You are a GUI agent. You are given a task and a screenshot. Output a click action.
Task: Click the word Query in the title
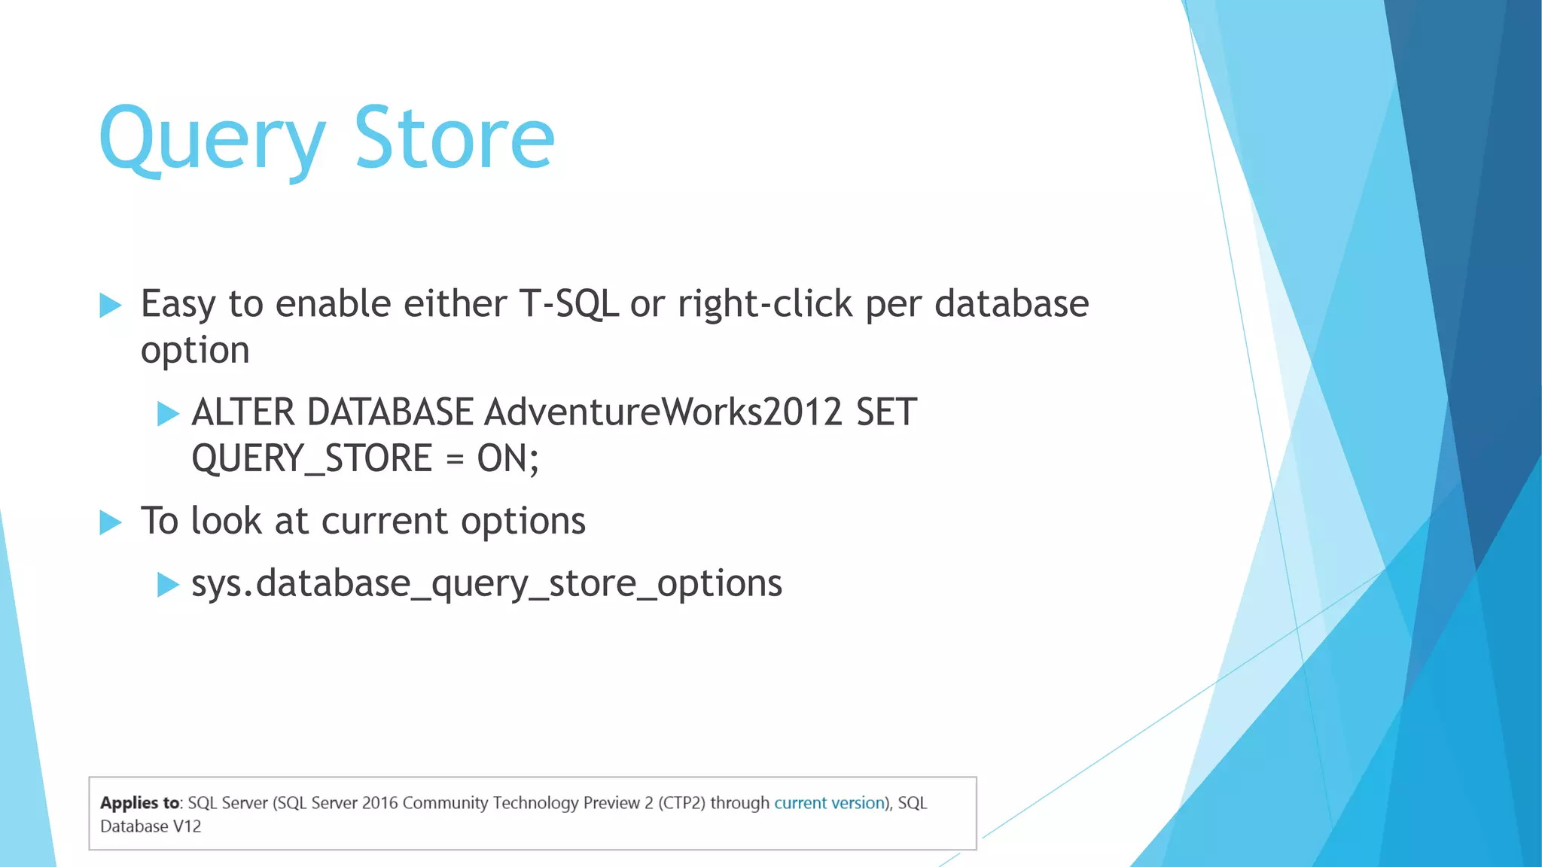pyautogui.click(x=212, y=140)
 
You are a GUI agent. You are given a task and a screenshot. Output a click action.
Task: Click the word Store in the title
pyautogui.click(x=454, y=138)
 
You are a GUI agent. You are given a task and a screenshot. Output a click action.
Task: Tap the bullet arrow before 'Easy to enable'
pyautogui.click(x=110, y=306)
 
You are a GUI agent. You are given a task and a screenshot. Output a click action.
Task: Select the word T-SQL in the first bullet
pyautogui.click(x=568, y=304)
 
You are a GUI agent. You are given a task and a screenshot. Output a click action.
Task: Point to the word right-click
pyautogui.click(x=765, y=304)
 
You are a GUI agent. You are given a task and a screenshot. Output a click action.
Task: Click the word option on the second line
pyautogui.click(x=195, y=351)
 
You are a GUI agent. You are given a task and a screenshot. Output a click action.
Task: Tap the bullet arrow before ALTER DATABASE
pyautogui.click(x=168, y=413)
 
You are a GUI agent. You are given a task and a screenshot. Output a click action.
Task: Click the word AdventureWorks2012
pyautogui.click(x=663, y=412)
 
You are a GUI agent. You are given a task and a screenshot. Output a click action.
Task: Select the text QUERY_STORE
pyautogui.click(x=312, y=458)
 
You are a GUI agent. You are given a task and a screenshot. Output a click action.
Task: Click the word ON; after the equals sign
pyautogui.click(x=507, y=458)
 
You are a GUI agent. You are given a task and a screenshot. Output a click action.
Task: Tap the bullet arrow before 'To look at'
pyautogui.click(x=110, y=522)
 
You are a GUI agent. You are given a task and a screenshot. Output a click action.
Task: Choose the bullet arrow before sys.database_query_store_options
pyautogui.click(x=168, y=585)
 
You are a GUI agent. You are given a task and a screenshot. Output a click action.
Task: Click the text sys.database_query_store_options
pyautogui.click(x=486, y=584)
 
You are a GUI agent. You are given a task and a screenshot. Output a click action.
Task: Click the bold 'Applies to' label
pyautogui.click(x=140, y=803)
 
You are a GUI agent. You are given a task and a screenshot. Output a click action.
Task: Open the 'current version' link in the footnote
pyautogui.click(x=829, y=803)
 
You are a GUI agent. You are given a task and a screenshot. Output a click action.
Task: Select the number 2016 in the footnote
pyautogui.click(x=379, y=803)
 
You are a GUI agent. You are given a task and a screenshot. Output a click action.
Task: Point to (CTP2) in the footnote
pyautogui.click(x=681, y=803)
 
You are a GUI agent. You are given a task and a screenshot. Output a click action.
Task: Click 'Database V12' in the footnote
pyautogui.click(x=151, y=826)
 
